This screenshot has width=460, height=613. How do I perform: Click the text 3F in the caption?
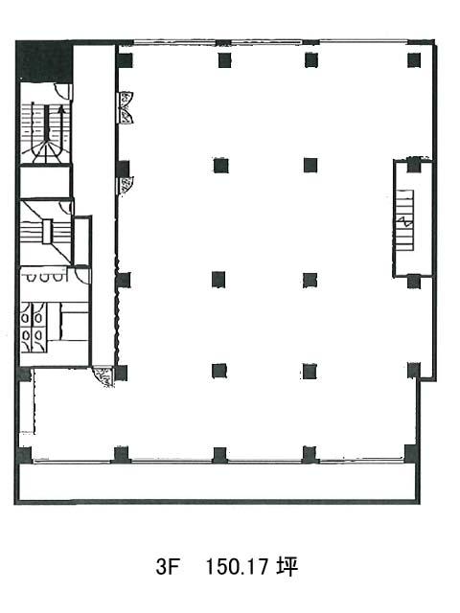click(x=167, y=566)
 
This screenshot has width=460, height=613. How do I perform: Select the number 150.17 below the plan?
click(x=237, y=566)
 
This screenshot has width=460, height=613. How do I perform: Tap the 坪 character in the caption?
click(x=287, y=566)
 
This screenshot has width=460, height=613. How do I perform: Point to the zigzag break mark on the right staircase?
click(x=404, y=223)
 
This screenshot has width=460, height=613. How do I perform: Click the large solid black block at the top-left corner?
click(x=44, y=61)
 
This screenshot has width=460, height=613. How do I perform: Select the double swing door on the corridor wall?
click(x=126, y=107)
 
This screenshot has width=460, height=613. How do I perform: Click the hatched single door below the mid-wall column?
click(x=126, y=185)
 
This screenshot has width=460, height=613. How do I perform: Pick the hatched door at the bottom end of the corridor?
click(x=103, y=377)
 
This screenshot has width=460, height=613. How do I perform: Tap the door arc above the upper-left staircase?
click(x=61, y=91)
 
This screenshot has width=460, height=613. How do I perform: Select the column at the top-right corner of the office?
click(x=414, y=60)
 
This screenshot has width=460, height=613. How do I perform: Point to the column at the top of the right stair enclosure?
click(x=414, y=166)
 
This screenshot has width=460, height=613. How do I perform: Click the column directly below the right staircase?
click(x=414, y=282)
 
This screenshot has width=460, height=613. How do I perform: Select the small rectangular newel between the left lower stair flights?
click(x=47, y=232)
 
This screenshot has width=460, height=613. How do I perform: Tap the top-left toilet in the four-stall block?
click(x=26, y=318)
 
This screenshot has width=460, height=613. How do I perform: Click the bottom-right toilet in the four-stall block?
click(x=38, y=334)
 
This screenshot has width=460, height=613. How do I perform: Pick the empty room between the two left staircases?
click(x=45, y=182)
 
